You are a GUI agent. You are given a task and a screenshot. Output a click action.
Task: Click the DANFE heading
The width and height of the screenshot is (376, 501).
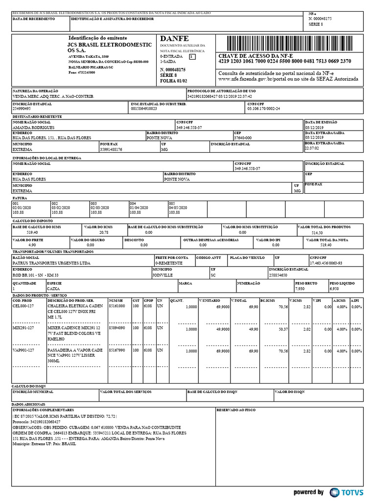pyautogui.click(x=174, y=39)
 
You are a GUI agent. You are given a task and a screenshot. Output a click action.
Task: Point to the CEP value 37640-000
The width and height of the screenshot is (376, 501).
pyautogui.click(x=243, y=138)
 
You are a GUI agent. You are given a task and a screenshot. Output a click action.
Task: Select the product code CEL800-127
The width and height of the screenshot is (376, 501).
pyautogui.click(x=23, y=306)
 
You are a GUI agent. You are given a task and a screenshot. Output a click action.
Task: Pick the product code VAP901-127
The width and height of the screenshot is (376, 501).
pyautogui.click(x=23, y=350)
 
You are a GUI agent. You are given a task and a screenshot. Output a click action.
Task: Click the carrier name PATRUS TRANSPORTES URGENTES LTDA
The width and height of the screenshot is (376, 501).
pyautogui.click(x=51, y=263)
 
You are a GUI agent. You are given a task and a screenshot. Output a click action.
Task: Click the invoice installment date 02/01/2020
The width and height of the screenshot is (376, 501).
pyautogui.click(x=21, y=208)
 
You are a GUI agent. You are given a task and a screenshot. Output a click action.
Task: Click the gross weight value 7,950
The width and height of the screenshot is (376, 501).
pyautogui.click(x=300, y=289)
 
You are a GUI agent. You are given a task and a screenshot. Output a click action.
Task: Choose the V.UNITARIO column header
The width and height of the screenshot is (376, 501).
pyautogui.click(x=210, y=300)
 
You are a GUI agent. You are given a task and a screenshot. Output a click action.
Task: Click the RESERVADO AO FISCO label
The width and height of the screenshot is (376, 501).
pyautogui.click(x=236, y=410)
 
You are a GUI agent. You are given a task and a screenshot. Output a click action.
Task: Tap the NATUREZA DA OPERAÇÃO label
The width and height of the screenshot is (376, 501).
pyautogui.click(x=35, y=91)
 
